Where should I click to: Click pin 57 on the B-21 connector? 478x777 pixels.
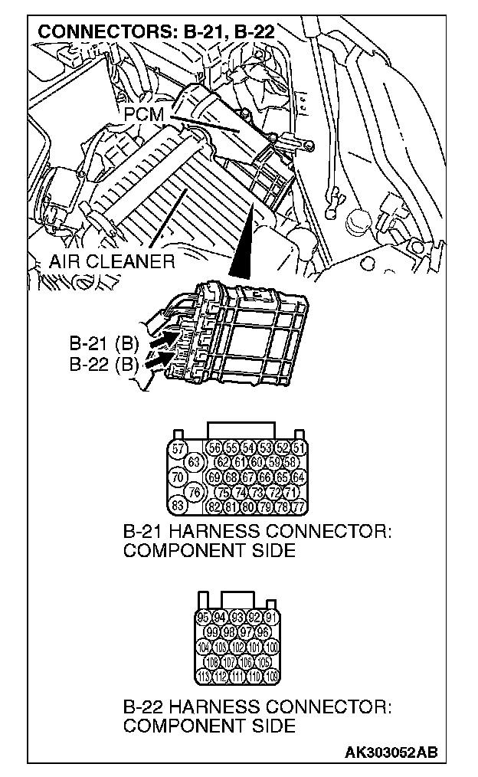click(x=178, y=450)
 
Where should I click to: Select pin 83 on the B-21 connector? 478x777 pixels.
click(x=178, y=507)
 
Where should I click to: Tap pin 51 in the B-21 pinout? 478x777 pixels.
click(x=300, y=449)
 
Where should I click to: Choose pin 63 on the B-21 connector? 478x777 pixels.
click(x=194, y=463)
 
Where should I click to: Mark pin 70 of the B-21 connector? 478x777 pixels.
click(x=178, y=477)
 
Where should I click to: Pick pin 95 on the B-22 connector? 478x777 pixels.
click(x=204, y=618)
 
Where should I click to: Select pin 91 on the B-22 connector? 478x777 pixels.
click(x=270, y=618)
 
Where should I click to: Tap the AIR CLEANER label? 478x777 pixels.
click(x=112, y=261)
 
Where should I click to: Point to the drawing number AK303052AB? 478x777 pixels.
click(x=391, y=752)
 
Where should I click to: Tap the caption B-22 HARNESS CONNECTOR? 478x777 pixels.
click(x=257, y=706)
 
